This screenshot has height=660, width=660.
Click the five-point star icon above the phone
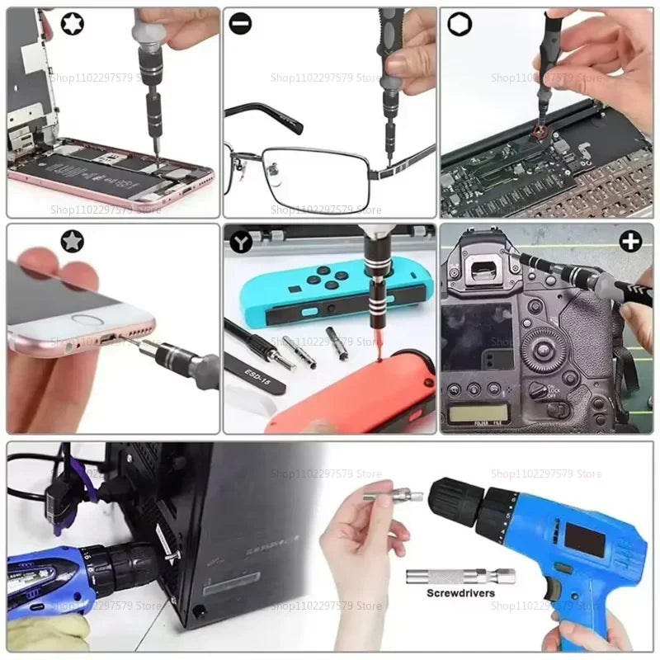(x=72, y=241)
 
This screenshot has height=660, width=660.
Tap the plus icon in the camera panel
(x=631, y=242)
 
